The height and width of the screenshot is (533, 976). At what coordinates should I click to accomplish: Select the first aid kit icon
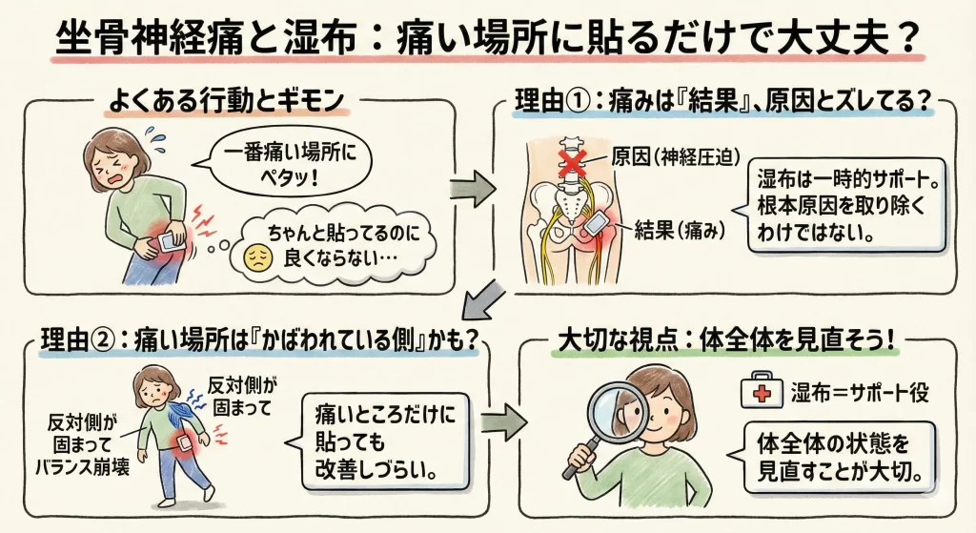[762, 391]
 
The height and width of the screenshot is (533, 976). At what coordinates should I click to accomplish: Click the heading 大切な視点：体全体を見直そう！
[734, 341]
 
